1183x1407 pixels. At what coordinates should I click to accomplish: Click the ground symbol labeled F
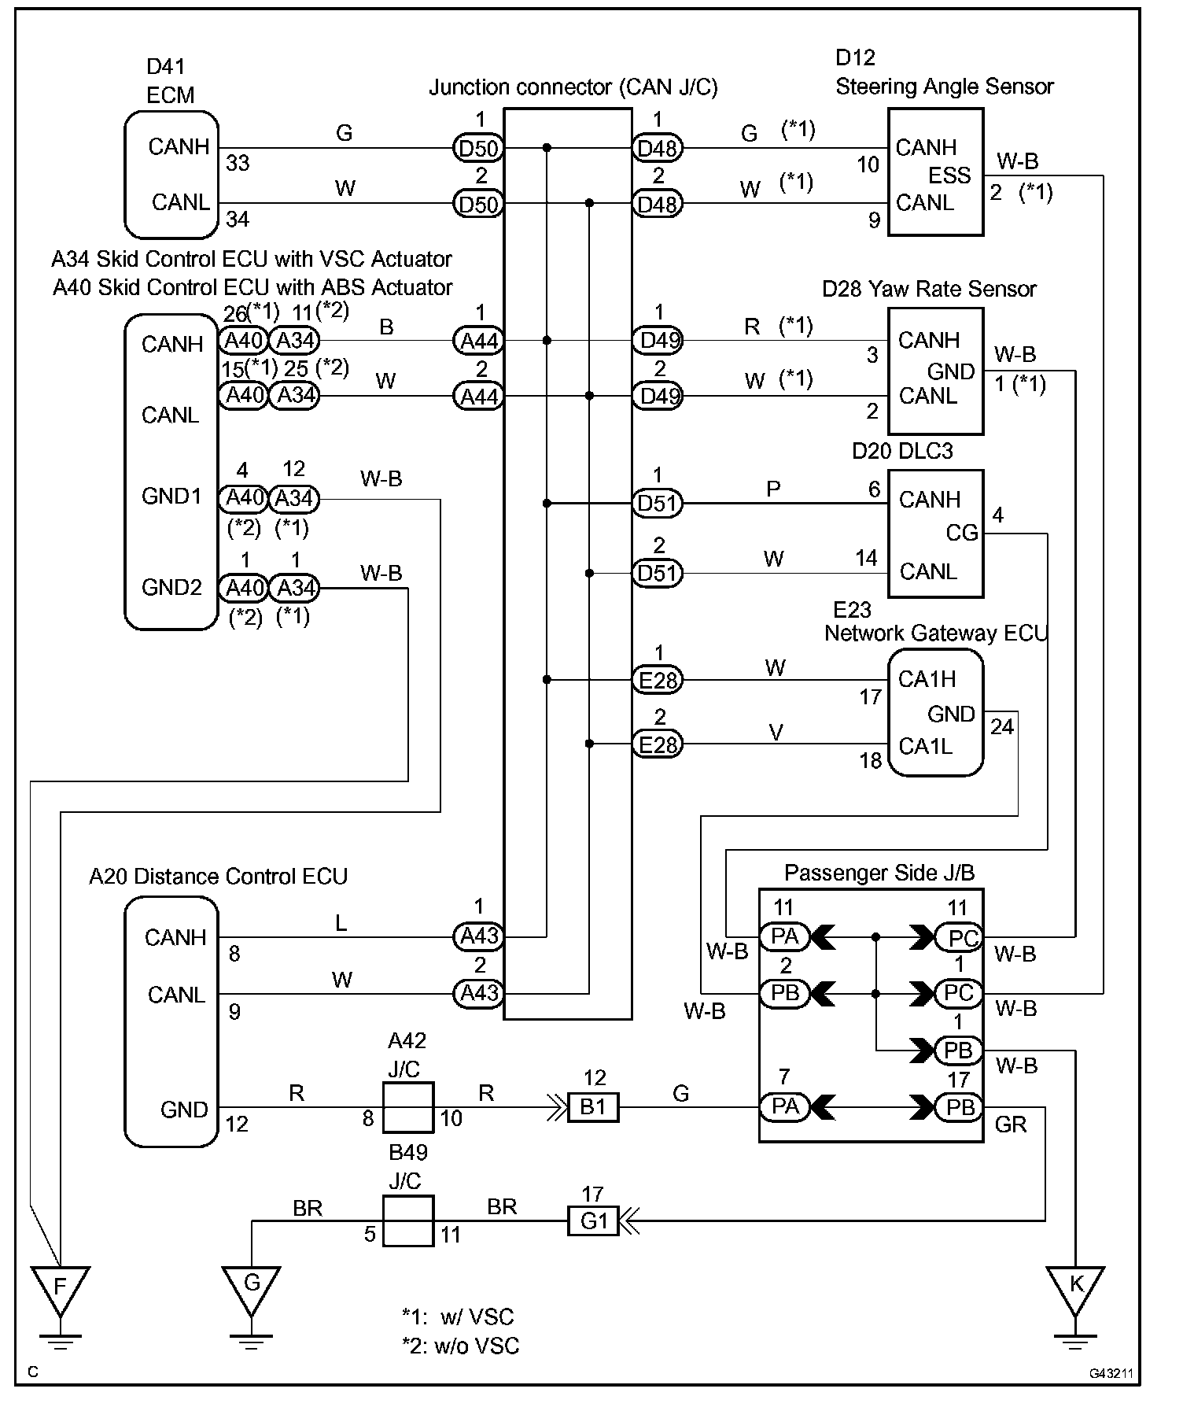pos(60,1288)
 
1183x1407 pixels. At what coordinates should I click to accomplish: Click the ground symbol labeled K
pos(1074,1288)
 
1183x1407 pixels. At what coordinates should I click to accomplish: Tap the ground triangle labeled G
pos(251,1288)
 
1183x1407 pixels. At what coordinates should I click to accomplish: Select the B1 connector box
pos(593,1107)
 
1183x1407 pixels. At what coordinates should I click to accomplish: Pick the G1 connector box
pos(593,1221)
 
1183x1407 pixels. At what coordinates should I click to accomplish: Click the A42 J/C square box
pos(407,1107)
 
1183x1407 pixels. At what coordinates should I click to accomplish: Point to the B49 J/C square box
pos(407,1221)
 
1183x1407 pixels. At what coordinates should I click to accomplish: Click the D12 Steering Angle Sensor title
pos(944,72)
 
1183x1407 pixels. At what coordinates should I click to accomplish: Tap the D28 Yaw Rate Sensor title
pos(929,290)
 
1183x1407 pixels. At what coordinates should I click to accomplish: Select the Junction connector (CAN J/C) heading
pos(573,87)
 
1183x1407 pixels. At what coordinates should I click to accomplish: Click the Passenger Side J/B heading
pos(879,873)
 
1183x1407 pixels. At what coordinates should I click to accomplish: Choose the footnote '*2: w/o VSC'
pos(460,1346)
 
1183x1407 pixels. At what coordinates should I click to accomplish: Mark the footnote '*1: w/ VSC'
pos(457,1317)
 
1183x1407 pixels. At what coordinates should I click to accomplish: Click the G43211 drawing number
pos(1111,1373)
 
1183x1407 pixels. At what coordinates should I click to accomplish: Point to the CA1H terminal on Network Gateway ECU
pos(927,679)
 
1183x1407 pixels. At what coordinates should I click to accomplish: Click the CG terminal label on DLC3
pos(961,534)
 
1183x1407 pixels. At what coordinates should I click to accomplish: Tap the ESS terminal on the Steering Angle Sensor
pos(949,175)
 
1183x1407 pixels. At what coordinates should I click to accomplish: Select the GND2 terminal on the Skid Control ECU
pos(171,587)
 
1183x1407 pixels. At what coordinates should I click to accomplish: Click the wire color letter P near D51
pos(773,489)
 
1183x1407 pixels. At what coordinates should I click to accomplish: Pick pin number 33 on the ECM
pos(238,163)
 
